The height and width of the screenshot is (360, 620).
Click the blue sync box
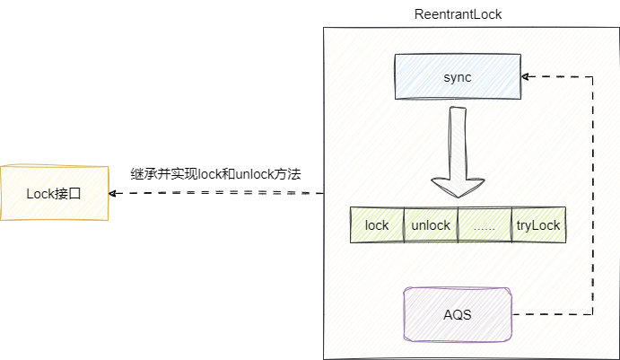point(458,76)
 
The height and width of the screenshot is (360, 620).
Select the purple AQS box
point(458,314)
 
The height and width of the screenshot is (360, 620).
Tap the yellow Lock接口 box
point(54,192)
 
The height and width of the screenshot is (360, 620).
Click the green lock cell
point(377,225)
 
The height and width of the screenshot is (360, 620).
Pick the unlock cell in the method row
point(431,225)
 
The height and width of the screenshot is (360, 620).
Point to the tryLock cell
point(538,225)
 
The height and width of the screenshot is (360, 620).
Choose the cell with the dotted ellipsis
point(485,225)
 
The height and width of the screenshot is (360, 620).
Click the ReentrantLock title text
point(458,13)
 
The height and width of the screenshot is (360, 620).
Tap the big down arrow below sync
point(458,153)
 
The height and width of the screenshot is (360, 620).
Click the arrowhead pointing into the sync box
point(527,76)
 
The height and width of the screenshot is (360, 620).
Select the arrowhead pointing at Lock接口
point(114,193)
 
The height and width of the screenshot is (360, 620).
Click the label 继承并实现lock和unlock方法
point(215,172)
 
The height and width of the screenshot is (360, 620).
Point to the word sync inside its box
point(458,77)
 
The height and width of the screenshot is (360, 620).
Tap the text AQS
point(458,315)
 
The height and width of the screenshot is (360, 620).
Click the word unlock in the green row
point(431,225)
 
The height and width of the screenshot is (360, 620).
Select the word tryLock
point(538,225)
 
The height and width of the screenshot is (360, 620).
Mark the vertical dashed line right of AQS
point(592,198)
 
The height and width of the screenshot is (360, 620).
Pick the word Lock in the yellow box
point(41,192)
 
